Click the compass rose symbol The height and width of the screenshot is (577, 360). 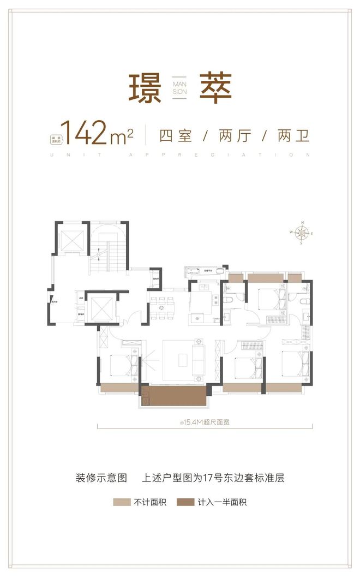tap(301, 233)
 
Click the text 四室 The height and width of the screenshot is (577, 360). tap(176, 135)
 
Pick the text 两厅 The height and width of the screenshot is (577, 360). tap(234, 135)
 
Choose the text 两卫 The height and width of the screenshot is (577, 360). tap(293, 135)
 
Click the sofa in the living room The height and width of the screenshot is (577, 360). tap(199, 358)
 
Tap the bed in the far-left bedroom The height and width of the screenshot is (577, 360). tap(121, 365)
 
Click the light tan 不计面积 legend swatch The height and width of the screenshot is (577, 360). tap(121, 502)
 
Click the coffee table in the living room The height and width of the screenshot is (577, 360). tap(182, 359)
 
